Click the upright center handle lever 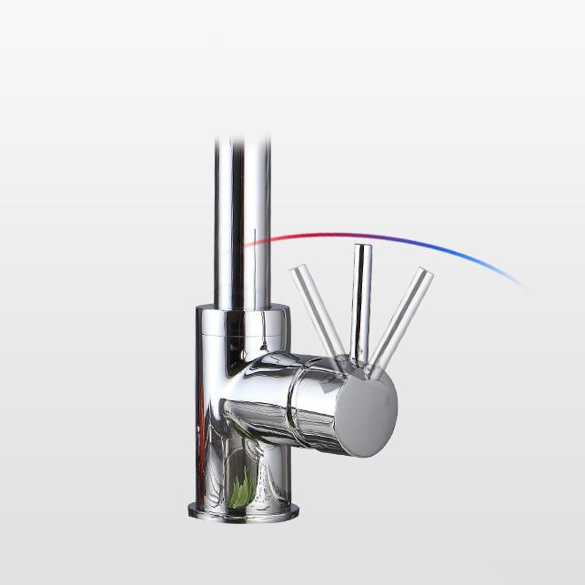pyautogui.click(x=361, y=300)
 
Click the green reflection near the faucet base pyautogui.click(x=242, y=492)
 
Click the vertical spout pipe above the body pyautogui.click(x=242, y=227)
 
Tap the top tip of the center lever pyautogui.click(x=361, y=248)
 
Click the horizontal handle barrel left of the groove pyautogui.click(x=259, y=391)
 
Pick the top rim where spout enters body pyautogui.click(x=242, y=311)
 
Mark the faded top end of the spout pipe pyautogui.click(x=242, y=146)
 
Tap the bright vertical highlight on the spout pyautogui.click(x=229, y=227)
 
